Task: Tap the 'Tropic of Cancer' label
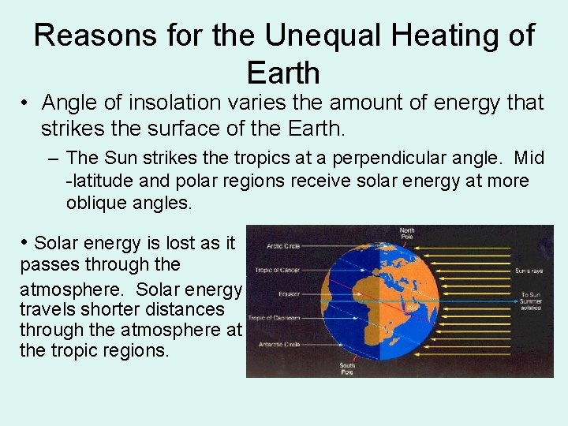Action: [275, 270]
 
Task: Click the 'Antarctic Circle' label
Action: [279, 343]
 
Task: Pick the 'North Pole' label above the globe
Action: [407, 234]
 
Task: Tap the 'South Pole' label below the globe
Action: [348, 368]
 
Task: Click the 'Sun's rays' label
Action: [528, 270]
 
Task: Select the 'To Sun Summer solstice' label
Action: [530, 301]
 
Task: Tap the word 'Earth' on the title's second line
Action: [283, 73]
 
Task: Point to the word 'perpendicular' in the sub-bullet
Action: [390, 158]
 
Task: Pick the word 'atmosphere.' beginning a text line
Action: [64, 286]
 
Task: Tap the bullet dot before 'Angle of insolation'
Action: [27, 103]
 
